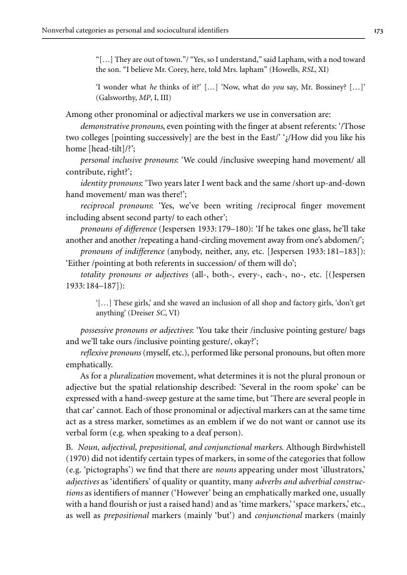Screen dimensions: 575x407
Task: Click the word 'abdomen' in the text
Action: point(348,240)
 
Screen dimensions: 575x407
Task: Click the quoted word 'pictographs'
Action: point(108,471)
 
